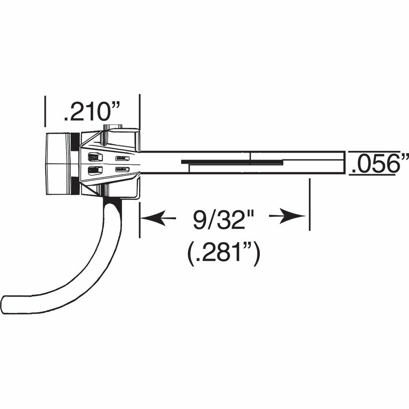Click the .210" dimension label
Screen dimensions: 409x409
[x=92, y=112]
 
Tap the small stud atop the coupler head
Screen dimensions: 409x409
[x=113, y=127]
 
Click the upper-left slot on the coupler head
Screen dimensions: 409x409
[x=94, y=157]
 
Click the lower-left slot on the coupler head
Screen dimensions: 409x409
[x=94, y=171]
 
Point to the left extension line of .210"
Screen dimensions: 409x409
[x=45, y=110]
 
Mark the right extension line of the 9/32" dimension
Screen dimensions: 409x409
[x=310, y=204]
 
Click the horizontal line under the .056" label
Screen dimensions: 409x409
[x=373, y=175]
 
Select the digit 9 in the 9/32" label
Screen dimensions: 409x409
[x=200, y=221]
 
